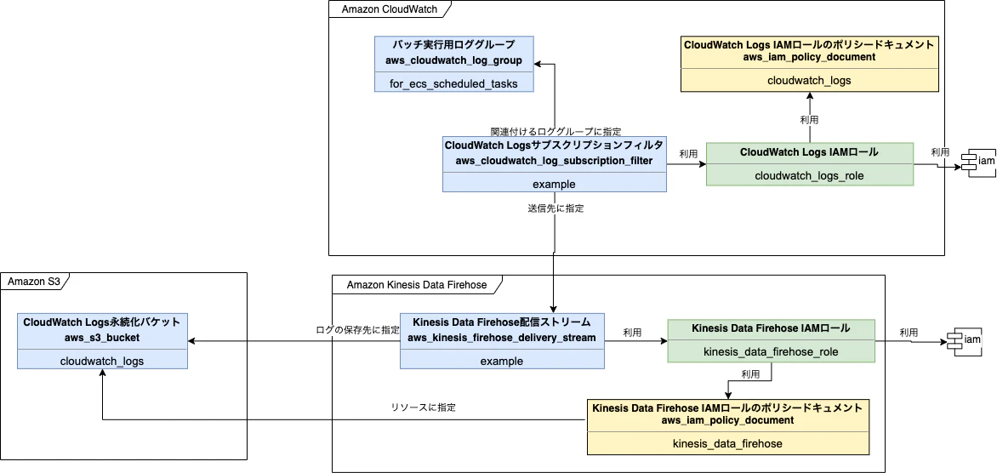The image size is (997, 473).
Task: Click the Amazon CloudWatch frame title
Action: click(385, 9)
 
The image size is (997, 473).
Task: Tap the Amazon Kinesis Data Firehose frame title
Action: click(417, 284)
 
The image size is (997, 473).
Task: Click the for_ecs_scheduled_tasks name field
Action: click(454, 83)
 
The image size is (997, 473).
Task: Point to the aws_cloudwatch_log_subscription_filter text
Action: click(554, 160)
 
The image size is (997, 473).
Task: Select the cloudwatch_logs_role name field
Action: click(809, 175)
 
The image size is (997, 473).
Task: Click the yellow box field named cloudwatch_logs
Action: click(809, 81)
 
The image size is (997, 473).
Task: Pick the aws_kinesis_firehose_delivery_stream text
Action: click(502, 338)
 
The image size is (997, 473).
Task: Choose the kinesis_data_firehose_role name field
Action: click(771, 351)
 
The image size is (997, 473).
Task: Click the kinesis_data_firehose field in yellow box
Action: click(727, 443)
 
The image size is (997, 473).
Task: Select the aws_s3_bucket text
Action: click(101, 338)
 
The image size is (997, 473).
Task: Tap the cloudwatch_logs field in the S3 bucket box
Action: click(101, 361)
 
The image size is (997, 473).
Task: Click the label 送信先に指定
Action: click(555, 208)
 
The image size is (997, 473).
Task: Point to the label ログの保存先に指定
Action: click(357, 329)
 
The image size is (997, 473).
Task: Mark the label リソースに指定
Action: click(423, 407)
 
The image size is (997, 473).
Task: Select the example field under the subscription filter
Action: click(554, 184)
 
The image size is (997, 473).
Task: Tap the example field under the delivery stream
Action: click(502, 361)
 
